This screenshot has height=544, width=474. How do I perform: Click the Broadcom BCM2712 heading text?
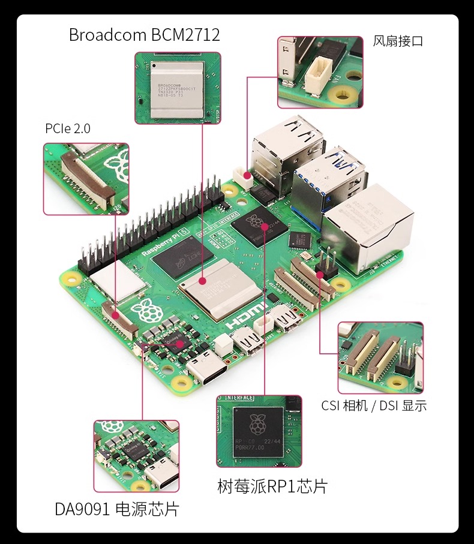pyautogui.click(x=144, y=35)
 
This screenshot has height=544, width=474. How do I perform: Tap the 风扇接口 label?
pyautogui.click(x=398, y=41)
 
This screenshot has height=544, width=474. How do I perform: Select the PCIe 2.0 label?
pyautogui.click(x=68, y=128)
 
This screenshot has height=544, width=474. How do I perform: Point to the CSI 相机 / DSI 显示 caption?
pyautogui.click(x=374, y=406)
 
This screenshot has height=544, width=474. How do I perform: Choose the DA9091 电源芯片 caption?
pyautogui.click(x=117, y=510)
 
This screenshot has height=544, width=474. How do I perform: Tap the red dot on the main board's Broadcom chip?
pyautogui.click(x=203, y=280)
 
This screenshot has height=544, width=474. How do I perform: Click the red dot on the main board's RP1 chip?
pyautogui.click(x=265, y=226)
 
